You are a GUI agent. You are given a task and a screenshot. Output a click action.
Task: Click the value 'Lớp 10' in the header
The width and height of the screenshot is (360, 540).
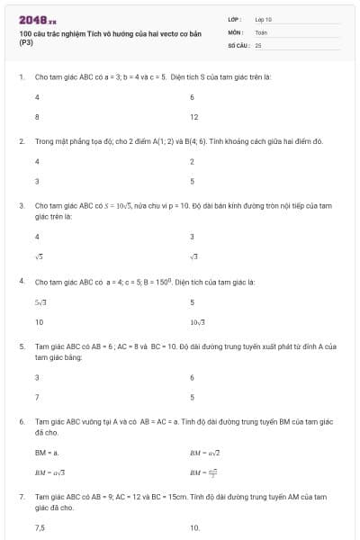click(264, 18)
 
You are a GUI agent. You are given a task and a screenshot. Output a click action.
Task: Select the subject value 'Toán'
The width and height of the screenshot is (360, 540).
click(261, 31)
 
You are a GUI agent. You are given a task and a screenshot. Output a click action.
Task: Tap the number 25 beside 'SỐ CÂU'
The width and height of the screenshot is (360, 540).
click(258, 43)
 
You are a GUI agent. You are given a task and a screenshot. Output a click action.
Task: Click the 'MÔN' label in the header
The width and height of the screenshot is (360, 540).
click(235, 31)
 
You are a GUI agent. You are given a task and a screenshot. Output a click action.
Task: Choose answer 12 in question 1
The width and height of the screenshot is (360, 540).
click(193, 117)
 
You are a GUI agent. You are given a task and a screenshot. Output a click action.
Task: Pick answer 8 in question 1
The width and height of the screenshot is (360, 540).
click(37, 117)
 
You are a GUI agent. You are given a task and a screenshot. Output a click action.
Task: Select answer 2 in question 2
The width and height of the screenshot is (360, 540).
click(192, 161)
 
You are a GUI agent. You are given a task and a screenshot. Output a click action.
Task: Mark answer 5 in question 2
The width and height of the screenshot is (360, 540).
click(192, 181)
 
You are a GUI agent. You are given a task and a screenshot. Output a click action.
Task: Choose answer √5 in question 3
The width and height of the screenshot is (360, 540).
click(39, 257)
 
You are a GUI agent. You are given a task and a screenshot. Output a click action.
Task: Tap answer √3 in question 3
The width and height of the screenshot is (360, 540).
click(193, 257)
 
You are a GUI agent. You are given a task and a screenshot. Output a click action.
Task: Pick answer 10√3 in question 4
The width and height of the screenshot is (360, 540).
click(197, 321)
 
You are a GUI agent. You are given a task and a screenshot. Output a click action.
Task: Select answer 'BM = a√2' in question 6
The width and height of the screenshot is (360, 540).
click(204, 452)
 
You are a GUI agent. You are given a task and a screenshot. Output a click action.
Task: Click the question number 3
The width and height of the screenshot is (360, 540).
click(21, 205)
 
